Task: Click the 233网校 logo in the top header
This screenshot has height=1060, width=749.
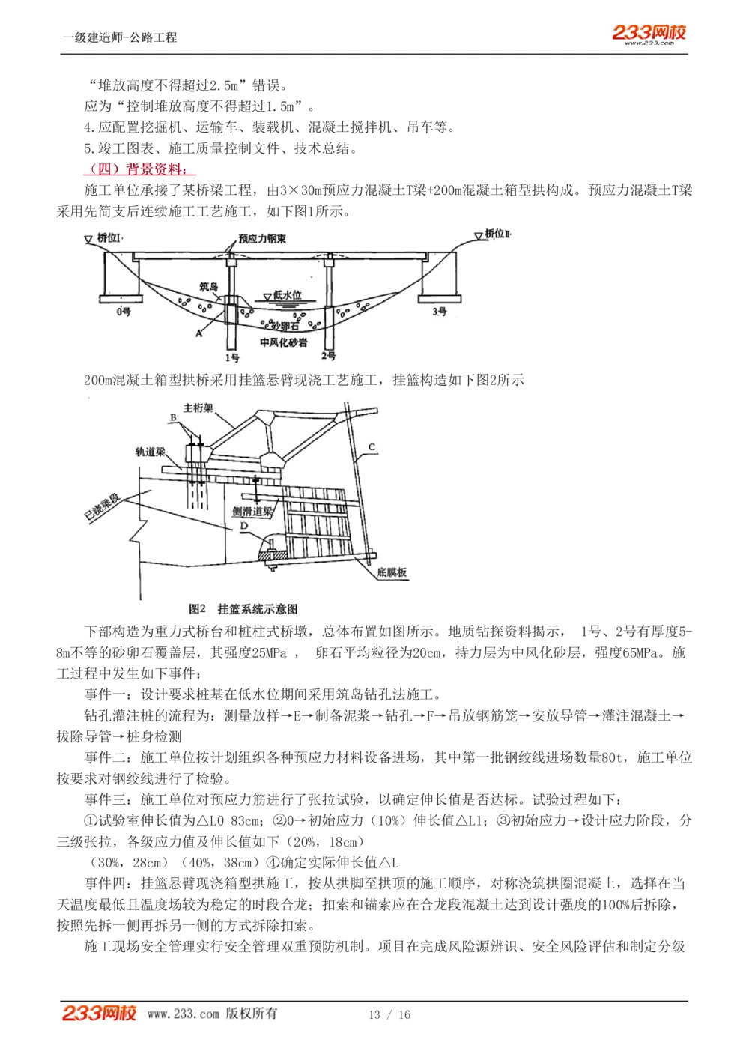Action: point(649,33)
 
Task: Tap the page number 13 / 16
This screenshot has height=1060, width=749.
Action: point(389,1014)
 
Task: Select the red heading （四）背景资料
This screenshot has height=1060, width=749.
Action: point(139,169)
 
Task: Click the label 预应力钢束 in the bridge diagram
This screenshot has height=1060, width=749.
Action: point(262,239)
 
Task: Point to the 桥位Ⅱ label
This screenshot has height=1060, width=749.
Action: point(497,234)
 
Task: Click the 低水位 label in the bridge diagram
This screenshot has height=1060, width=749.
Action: point(287,295)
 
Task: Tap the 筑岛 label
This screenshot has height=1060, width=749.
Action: point(208,286)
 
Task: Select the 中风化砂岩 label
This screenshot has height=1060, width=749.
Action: point(283,342)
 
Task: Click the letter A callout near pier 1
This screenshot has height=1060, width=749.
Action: point(199,333)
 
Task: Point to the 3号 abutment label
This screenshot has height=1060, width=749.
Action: point(440,311)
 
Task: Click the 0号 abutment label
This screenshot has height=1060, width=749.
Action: point(124,311)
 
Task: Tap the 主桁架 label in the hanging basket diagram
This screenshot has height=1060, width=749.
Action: point(198,408)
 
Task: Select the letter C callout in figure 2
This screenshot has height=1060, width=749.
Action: point(372,448)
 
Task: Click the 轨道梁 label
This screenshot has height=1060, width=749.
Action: point(150,452)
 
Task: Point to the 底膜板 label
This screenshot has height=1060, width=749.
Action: point(392,572)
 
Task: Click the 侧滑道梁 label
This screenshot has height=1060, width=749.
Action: point(252,512)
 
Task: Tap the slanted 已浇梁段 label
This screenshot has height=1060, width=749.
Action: point(102,507)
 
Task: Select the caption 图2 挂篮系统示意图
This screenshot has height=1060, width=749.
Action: point(243,608)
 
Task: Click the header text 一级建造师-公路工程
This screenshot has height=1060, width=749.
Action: point(120,37)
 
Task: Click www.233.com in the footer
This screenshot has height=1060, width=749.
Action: point(184,1014)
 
